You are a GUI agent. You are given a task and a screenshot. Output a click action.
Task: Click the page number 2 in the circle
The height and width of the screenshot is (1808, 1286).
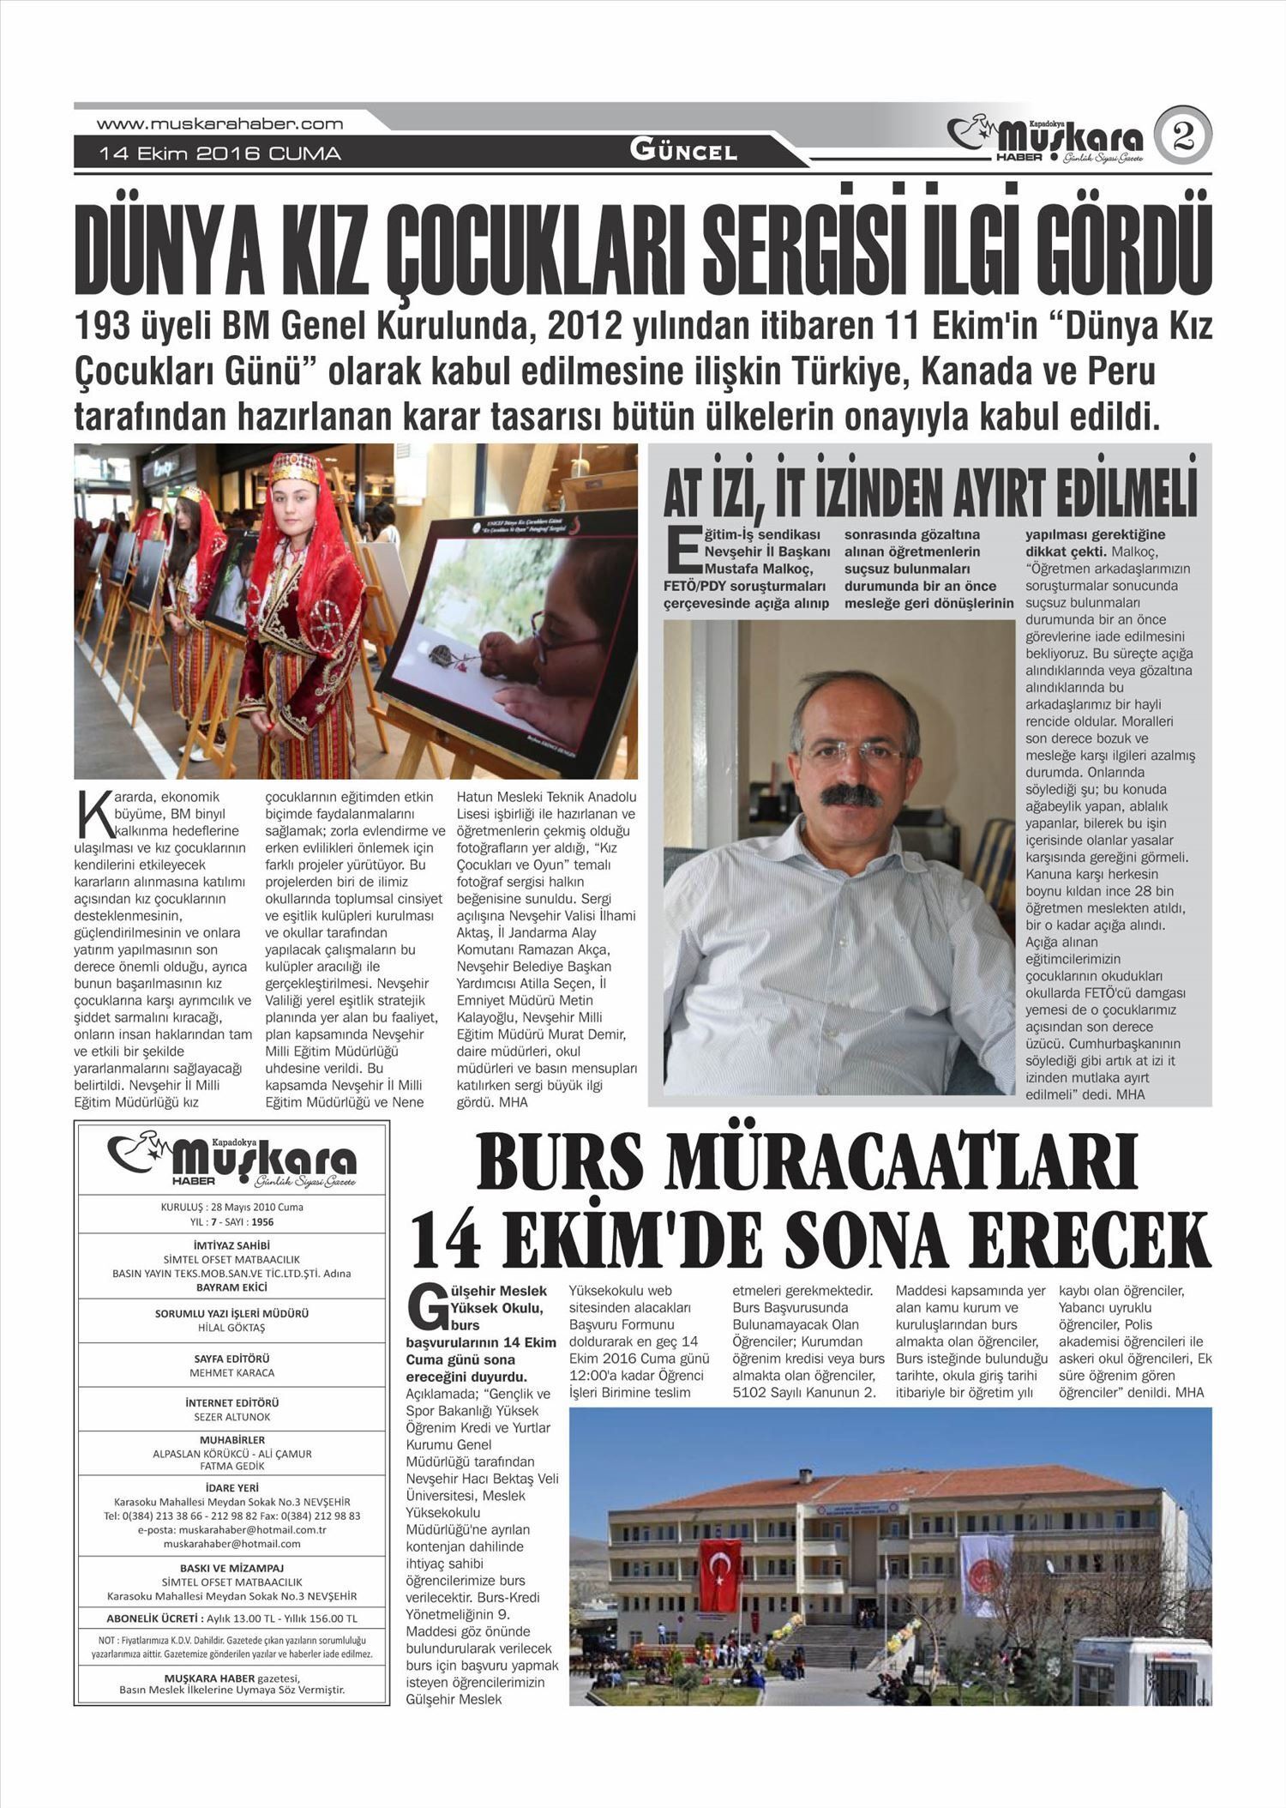pyautogui.click(x=1183, y=136)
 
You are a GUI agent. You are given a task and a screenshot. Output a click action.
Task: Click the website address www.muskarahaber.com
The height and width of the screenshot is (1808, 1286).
pyautogui.click(x=219, y=124)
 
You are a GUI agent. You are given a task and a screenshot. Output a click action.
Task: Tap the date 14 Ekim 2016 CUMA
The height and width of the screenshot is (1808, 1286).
pyautogui.click(x=219, y=154)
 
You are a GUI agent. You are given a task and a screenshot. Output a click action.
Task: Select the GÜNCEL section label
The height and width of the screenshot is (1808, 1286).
pyautogui.click(x=683, y=151)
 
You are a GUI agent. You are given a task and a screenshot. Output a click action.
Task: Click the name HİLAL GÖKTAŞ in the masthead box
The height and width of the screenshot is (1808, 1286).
pyautogui.click(x=231, y=1328)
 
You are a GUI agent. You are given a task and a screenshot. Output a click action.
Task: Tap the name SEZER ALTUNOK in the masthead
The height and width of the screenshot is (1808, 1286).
pyautogui.click(x=231, y=1417)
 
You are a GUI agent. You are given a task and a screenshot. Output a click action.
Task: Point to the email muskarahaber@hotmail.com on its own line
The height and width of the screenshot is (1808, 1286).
pyautogui.click(x=231, y=1543)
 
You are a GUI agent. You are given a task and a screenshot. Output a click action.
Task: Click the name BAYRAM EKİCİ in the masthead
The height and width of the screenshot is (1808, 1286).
pyautogui.click(x=231, y=1287)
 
